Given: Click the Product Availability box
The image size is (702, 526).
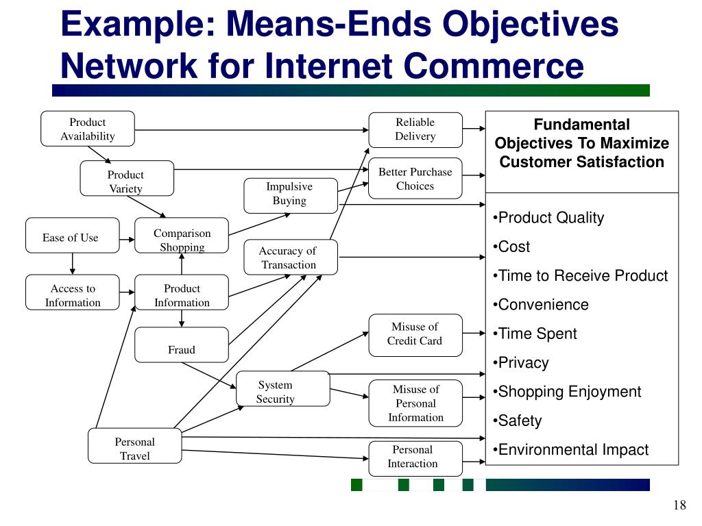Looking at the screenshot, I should (88, 129).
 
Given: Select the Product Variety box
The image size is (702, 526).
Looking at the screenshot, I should (127, 179).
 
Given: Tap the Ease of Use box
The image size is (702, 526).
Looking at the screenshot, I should (72, 236).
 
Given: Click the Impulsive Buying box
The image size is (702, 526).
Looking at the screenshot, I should (291, 195).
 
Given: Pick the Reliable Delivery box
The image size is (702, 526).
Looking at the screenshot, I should (415, 129).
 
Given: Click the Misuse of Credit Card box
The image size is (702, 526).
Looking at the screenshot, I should (415, 335).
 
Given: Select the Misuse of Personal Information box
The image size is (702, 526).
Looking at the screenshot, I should (415, 403).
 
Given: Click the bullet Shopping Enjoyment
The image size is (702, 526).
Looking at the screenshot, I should (569, 392).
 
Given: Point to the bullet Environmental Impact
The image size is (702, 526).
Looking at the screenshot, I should (572, 450).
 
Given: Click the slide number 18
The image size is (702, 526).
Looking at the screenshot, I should (679, 505).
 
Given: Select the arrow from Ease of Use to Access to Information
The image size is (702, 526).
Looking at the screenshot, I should (72, 264).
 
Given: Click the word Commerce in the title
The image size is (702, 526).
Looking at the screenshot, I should (494, 66).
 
